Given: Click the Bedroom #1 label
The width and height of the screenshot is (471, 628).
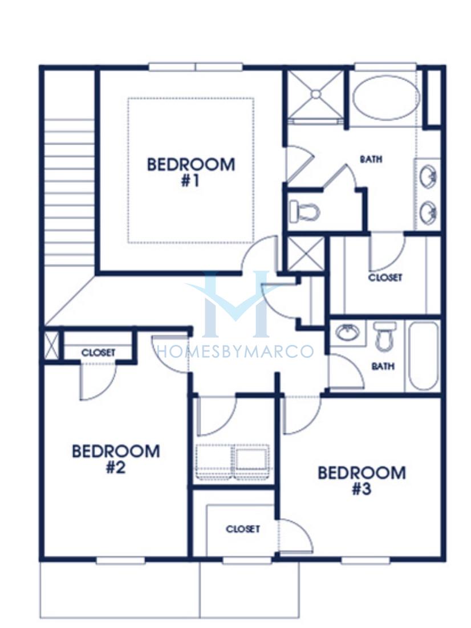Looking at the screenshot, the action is click(191, 172).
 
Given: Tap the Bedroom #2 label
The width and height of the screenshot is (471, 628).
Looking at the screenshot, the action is click(116, 459).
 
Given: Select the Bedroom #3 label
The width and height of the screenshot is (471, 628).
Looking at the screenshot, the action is click(362, 480).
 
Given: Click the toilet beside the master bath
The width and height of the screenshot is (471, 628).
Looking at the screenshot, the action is click(304, 211).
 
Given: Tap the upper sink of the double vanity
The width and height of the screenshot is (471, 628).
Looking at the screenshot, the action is click(429, 177).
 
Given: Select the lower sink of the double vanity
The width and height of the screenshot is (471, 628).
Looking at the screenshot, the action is click(429, 212).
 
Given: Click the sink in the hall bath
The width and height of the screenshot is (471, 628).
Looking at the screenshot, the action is click(347, 333).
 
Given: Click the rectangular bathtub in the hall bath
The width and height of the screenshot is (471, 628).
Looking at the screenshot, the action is click(424, 356).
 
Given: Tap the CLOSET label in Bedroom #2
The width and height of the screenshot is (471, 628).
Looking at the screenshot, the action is click(98, 353).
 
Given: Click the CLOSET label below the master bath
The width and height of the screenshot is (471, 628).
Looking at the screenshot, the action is click(385, 277).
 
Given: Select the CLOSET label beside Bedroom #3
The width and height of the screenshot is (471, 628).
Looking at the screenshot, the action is click(242, 529).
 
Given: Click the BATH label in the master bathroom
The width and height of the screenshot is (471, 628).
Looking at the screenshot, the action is click(371, 160).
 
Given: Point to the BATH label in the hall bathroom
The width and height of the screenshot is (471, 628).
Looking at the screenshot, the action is click(383, 366).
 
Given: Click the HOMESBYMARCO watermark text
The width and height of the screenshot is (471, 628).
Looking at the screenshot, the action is click(235, 352).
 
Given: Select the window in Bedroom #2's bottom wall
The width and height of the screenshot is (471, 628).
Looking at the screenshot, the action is click(120, 560).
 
